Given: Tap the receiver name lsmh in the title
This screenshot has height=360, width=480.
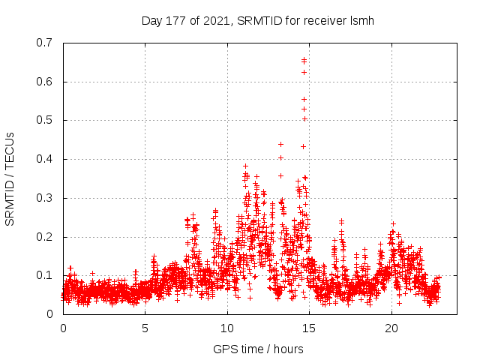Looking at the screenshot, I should (360, 21).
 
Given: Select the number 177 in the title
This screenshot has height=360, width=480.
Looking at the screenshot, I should (177, 21).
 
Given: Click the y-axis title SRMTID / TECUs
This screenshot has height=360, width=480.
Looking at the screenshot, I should (10, 178).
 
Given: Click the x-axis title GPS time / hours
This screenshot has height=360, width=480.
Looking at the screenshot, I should (258, 349).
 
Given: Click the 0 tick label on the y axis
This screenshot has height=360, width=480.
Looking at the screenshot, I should (49, 314).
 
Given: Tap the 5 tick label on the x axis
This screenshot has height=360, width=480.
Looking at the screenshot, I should (145, 328).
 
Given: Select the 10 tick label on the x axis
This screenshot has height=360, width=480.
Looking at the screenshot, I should (227, 328).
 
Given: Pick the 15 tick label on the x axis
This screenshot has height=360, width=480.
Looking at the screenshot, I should (310, 328).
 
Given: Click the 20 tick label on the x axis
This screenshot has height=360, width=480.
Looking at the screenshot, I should (391, 328).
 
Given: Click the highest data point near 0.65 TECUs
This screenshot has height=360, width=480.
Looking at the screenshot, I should (304, 60).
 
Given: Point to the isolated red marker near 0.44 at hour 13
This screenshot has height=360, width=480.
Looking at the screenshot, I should (280, 144).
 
